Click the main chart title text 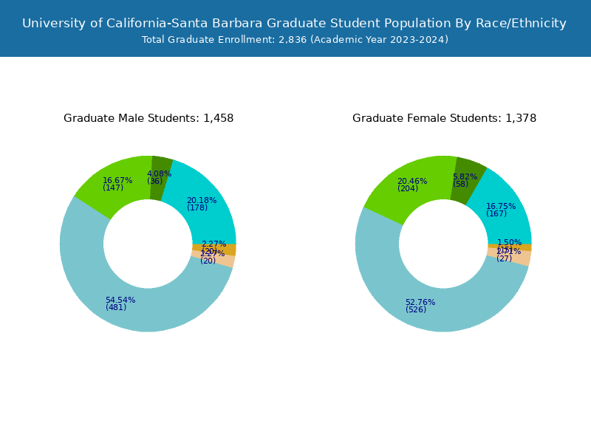[x=294, y=24]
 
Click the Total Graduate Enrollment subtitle [x=295, y=40]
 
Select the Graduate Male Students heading [x=148, y=118]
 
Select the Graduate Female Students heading [x=444, y=118]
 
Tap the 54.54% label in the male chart [x=120, y=301]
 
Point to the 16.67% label [x=117, y=181]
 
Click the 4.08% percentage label [x=159, y=174]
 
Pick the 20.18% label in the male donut [x=202, y=201]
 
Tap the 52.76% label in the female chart [x=420, y=303]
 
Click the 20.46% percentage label [x=412, y=182]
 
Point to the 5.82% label [x=465, y=177]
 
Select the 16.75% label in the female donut [x=501, y=207]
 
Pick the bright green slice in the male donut [x=111, y=177]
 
